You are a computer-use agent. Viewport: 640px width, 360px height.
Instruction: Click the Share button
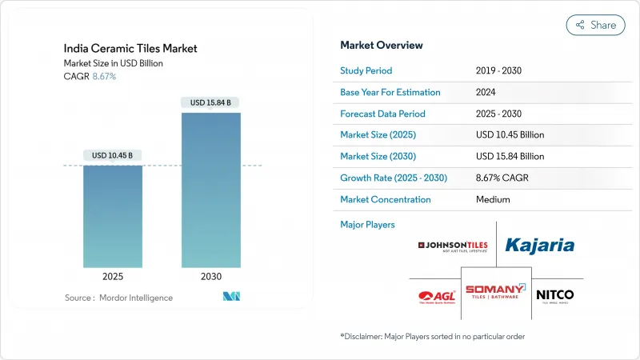click(596, 25)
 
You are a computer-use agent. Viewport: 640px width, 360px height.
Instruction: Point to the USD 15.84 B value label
click(210, 102)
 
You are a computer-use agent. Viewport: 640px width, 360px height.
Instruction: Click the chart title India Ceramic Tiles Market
click(130, 49)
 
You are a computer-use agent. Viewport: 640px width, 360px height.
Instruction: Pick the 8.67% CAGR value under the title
click(104, 76)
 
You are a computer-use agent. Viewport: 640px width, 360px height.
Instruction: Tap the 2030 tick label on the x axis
click(210, 276)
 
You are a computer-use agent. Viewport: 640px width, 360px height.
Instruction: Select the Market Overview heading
click(382, 46)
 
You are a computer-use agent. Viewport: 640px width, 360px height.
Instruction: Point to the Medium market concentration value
click(493, 199)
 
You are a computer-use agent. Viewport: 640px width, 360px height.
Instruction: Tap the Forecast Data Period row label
click(382, 114)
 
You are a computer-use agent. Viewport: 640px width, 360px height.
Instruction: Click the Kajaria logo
click(539, 245)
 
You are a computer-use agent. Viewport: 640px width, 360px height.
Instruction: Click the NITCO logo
click(554, 295)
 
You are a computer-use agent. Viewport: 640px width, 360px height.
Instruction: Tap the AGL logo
click(435, 297)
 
